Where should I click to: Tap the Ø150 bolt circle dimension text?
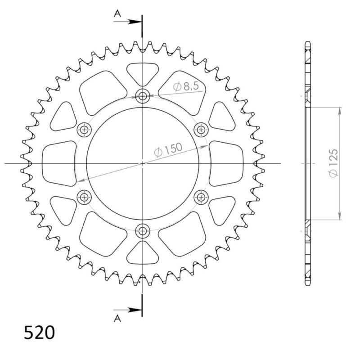(x=168, y=150)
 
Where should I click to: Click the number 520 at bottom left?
(x=39, y=333)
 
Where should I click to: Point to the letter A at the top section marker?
(x=117, y=14)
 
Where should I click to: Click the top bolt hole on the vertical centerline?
(x=143, y=95)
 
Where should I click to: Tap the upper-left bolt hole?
(x=84, y=130)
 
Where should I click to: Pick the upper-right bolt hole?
(x=201, y=130)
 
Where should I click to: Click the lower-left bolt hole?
(x=84, y=197)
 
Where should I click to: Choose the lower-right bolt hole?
(x=201, y=197)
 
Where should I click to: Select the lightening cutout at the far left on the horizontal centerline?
(x=58, y=163)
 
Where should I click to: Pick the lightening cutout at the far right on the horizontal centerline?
(x=226, y=163)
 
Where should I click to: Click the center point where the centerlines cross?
(x=143, y=163)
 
